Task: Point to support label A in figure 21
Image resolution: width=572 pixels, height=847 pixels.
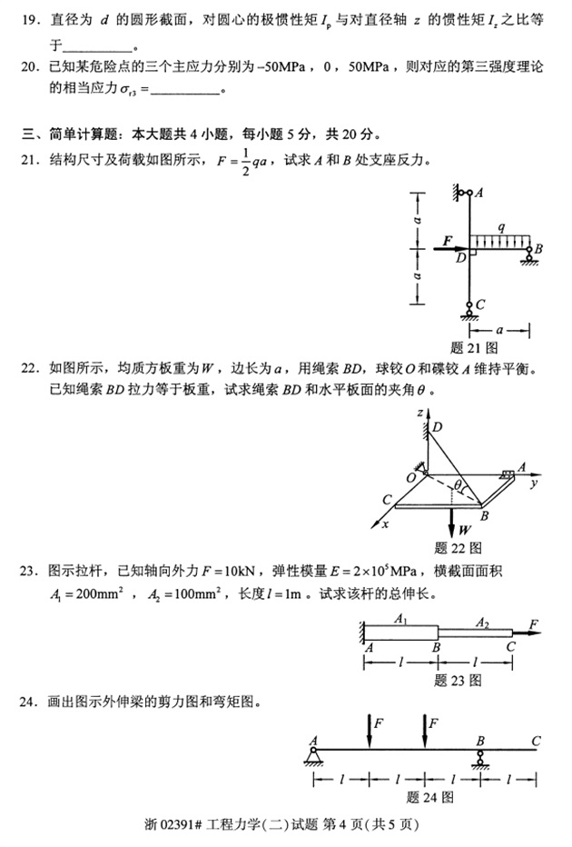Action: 478,192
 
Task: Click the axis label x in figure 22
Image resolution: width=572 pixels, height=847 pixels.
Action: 385,525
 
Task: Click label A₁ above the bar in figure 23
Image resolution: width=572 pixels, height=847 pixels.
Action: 399,620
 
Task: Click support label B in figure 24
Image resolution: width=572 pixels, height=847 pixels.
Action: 480,742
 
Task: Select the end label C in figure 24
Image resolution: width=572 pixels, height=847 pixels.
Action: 537,742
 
